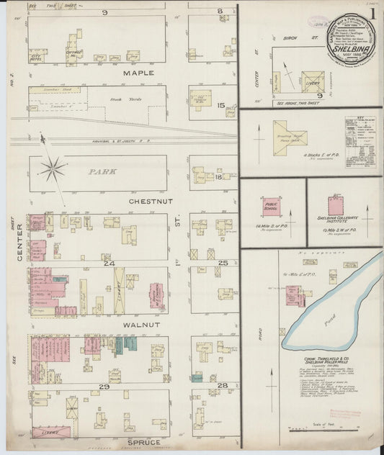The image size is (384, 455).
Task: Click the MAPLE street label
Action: (x=138, y=73)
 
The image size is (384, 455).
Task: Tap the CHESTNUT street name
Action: (x=149, y=202)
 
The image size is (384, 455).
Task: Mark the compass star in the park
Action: (x=53, y=169)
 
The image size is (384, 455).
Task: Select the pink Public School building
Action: (x=271, y=207)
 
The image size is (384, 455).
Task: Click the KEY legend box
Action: (x=360, y=135)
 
